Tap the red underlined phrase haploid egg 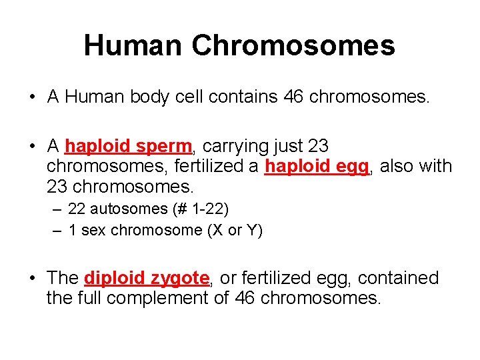[317, 166]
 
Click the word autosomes [129, 209]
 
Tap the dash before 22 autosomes [56, 210]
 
